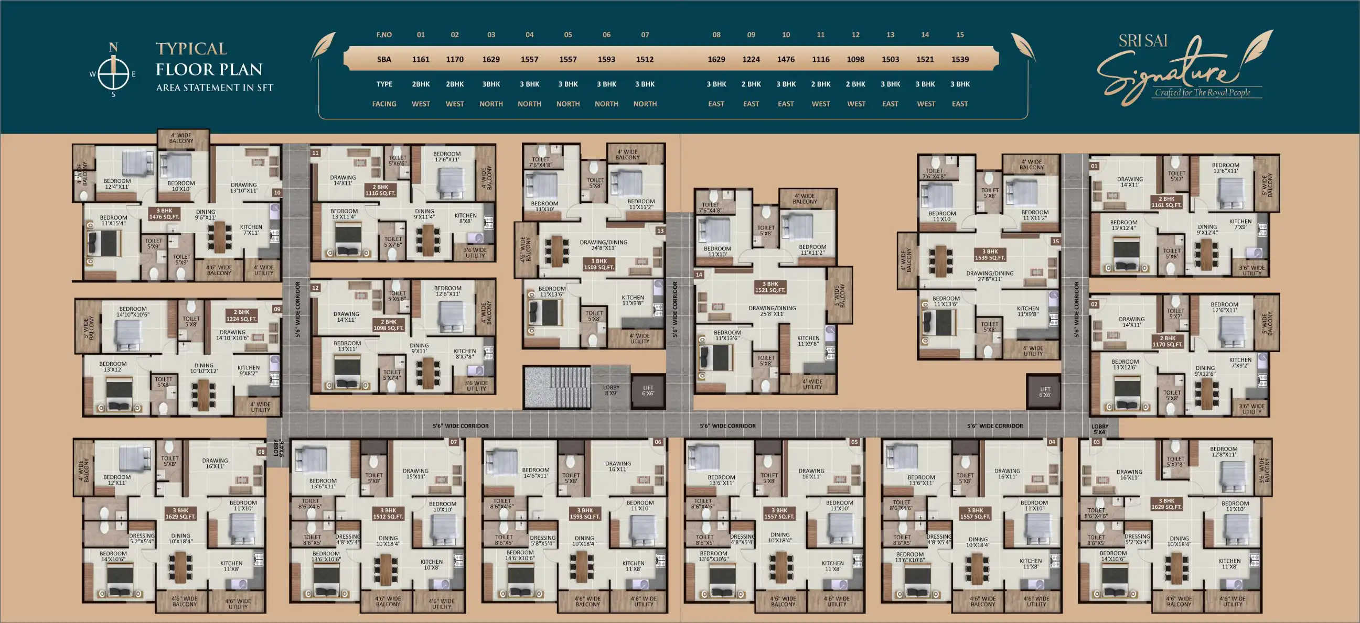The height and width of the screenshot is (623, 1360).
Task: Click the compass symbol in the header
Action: (x=113, y=72)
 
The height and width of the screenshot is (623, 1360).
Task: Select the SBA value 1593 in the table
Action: (x=606, y=59)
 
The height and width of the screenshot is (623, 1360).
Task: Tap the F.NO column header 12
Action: (x=855, y=35)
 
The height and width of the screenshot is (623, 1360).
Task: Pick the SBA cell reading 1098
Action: (x=855, y=59)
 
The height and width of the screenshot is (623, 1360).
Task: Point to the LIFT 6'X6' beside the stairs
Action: (x=648, y=390)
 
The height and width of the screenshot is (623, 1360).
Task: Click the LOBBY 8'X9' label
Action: (x=611, y=390)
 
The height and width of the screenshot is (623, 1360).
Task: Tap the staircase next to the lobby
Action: (x=558, y=388)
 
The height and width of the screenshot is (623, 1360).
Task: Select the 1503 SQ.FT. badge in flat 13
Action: (x=598, y=264)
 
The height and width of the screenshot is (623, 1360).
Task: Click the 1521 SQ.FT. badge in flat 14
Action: (x=770, y=287)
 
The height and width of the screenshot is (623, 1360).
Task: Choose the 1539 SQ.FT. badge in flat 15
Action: (x=990, y=255)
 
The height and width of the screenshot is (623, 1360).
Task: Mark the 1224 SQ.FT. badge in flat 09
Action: (x=241, y=315)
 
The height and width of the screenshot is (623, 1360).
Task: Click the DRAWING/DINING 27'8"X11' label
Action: (x=989, y=276)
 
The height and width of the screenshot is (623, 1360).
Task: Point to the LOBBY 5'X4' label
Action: (x=1100, y=429)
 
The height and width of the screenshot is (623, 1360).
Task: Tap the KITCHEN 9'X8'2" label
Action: (x=248, y=370)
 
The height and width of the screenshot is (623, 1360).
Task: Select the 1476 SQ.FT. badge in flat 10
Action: (x=164, y=214)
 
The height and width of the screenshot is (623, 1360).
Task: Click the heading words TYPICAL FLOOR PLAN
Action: (x=209, y=59)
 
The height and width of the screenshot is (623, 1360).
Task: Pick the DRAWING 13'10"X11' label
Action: (x=243, y=188)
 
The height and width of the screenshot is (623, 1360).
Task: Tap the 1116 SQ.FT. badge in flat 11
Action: (x=380, y=190)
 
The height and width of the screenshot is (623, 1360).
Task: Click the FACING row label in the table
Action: (x=384, y=104)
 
